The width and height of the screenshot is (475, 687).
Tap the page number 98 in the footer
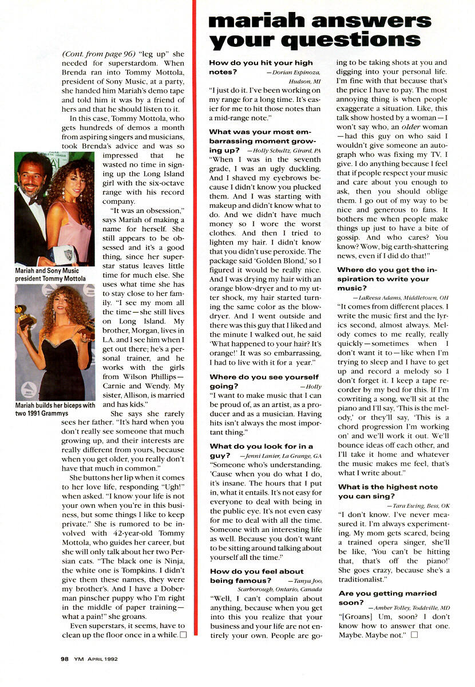65,658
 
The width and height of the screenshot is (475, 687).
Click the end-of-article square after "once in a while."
183,635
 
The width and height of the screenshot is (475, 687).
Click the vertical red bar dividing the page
195,343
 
